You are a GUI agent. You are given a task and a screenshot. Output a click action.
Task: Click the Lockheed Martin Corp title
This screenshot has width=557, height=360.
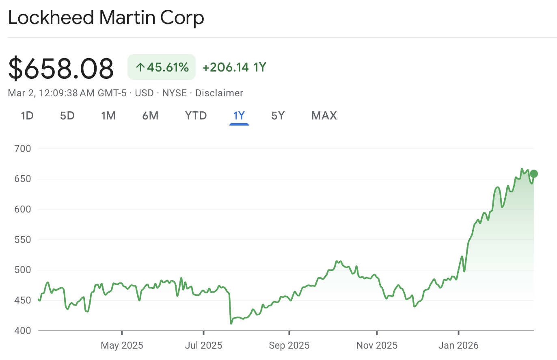click(106, 18)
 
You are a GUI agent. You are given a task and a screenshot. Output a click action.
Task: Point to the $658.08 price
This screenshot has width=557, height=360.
click(61, 68)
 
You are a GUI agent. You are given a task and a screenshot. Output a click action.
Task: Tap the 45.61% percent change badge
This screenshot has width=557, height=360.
click(162, 67)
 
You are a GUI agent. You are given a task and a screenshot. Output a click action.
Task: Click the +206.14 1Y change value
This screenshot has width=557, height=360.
click(234, 67)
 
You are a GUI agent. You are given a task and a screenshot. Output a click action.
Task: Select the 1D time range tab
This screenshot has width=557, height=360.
click(27, 116)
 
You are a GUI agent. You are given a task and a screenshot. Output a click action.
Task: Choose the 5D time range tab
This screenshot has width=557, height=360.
click(67, 116)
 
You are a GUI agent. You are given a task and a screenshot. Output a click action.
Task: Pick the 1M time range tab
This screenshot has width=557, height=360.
click(108, 116)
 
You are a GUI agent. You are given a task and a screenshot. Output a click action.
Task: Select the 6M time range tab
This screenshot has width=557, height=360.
click(150, 116)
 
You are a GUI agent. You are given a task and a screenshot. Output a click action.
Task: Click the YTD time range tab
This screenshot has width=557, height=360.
click(196, 116)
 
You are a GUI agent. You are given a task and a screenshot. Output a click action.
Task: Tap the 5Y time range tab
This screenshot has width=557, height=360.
click(278, 116)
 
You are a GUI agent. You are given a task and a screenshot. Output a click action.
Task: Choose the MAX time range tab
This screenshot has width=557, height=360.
click(324, 116)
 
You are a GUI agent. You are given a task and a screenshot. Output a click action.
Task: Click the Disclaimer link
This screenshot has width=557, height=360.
click(219, 93)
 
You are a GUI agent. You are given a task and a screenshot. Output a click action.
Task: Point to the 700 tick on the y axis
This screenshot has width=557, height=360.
click(23, 149)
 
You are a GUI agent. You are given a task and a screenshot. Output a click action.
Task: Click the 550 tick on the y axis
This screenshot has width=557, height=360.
click(23, 240)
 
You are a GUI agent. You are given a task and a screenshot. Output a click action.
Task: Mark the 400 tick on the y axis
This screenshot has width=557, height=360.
click(23, 331)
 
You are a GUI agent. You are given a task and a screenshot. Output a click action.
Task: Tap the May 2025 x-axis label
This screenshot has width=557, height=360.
click(122, 346)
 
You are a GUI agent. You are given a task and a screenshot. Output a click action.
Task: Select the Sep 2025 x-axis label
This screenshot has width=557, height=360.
click(289, 346)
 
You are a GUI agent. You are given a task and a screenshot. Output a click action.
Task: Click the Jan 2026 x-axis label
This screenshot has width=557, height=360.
click(458, 346)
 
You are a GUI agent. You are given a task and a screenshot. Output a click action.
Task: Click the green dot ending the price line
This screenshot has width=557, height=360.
click(534, 174)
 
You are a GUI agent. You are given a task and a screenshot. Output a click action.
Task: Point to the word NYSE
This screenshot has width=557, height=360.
click(174, 93)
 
